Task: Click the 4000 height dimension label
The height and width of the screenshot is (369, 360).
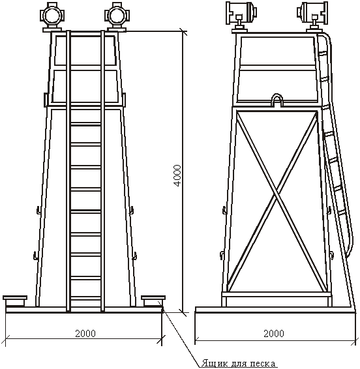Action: point(177,175)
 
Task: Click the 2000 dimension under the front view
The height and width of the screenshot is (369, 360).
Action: point(85,333)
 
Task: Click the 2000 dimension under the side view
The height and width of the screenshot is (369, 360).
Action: point(274,333)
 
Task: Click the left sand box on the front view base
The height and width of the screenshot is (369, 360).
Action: point(15,301)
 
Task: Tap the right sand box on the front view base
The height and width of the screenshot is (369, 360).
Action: point(153,301)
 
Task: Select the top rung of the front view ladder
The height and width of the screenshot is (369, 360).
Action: point(86,124)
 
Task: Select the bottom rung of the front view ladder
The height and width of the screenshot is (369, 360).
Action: point(86,298)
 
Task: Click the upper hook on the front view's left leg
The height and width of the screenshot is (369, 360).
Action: point(38,210)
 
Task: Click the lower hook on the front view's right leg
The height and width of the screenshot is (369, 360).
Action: point(135,256)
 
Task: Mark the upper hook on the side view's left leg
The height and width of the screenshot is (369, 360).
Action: point(224,210)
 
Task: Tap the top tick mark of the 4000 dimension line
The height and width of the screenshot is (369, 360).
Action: point(183,31)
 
